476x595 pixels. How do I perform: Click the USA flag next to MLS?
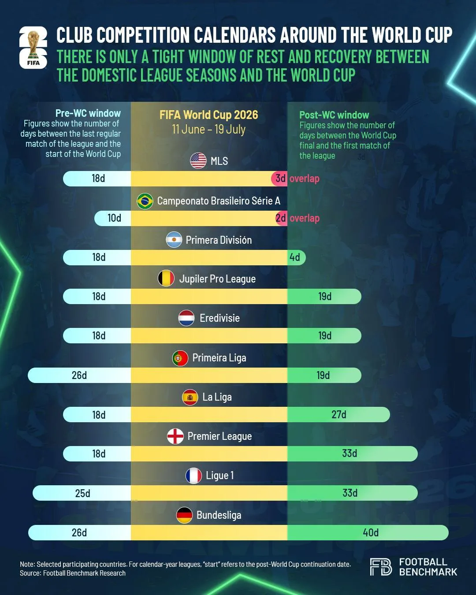[198, 160]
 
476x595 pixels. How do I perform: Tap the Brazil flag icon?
[145, 201]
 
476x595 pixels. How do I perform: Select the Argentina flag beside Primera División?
[174, 240]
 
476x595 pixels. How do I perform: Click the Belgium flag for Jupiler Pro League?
[166, 279]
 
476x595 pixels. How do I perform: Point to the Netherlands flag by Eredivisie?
[186, 318]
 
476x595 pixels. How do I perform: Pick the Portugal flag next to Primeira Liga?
[180, 358]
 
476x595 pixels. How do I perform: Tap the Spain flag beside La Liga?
[190, 397]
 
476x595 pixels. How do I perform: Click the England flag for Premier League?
[175, 436]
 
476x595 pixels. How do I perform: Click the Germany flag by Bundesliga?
[184, 515]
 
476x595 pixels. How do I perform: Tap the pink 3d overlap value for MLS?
[280, 178]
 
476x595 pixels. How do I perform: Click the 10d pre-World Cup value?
[114, 218]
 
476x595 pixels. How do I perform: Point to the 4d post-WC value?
[295, 257]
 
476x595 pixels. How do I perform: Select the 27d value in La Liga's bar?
[339, 414]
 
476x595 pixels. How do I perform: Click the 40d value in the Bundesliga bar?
[371, 532]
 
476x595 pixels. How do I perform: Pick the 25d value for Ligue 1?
[83, 493]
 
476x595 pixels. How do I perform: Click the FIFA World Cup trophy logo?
[33, 48]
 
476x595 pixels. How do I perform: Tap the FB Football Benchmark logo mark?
[381, 567]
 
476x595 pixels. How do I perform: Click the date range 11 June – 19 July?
[208, 130]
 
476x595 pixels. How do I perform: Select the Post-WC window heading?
[334, 115]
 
